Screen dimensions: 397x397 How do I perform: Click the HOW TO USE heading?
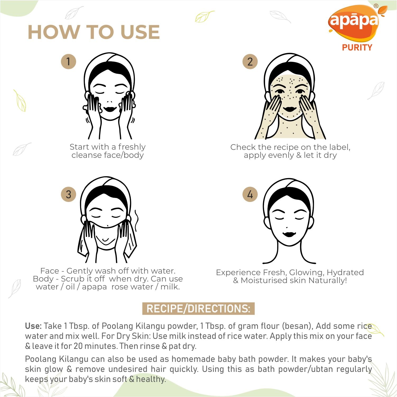(x=94, y=32)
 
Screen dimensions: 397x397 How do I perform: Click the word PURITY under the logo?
(x=357, y=48)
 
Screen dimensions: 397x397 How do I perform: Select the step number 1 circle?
(x=68, y=62)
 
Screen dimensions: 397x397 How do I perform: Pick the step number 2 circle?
(x=250, y=62)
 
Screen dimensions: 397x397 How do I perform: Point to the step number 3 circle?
(x=68, y=194)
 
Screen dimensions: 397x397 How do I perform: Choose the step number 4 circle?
(x=250, y=194)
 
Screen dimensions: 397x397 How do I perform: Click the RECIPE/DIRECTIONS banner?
(x=198, y=308)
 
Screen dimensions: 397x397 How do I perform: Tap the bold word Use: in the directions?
(x=33, y=326)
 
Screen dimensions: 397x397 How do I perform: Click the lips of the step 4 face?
(x=289, y=234)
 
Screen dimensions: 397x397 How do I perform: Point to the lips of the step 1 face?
(x=110, y=109)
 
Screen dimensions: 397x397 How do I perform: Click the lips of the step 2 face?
(x=290, y=109)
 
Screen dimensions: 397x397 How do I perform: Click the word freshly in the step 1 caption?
(x=132, y=147)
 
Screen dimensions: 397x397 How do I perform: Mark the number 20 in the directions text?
(x=78, y=346)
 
